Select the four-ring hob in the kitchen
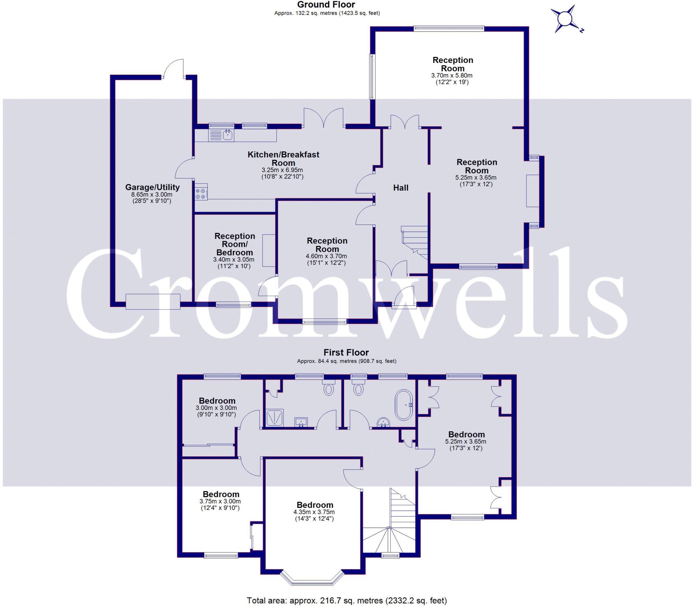click(201, 192)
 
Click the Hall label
click(401, 188)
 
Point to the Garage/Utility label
click(152, 187)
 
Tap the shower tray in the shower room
click(275, 417)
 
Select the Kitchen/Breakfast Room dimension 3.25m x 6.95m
click(282, 170)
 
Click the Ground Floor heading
click(326, 5)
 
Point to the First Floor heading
click(346, 352)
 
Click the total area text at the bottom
click(347, 600)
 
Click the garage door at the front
click(153, 302)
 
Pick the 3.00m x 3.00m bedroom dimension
click(216, 408)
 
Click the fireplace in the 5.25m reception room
click(532, 191)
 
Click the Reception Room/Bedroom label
click(234, 244)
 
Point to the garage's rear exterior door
click(173, 69)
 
